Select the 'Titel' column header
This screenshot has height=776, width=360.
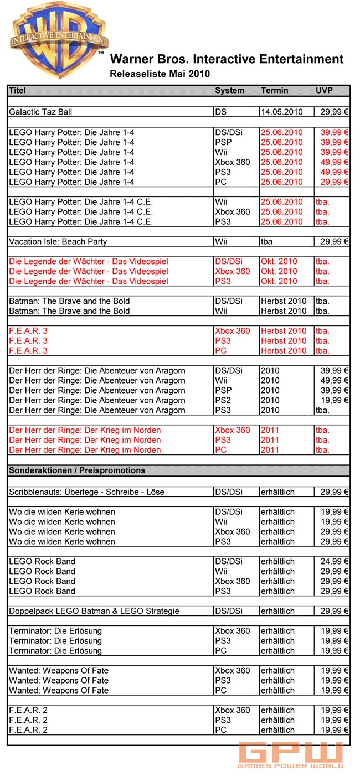[18, 90]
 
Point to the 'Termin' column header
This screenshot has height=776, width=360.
[275, 90]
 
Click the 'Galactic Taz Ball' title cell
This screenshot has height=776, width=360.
[41, 112]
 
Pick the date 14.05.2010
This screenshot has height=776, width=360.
[282, 112]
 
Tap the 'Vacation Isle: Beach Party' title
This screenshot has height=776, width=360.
[58, 241]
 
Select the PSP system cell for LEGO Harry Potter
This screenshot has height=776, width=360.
[223, 142]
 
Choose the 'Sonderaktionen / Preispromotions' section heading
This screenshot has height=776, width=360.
[77, 470]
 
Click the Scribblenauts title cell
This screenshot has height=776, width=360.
[86, 492]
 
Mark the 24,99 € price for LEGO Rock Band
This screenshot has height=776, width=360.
[335, 561]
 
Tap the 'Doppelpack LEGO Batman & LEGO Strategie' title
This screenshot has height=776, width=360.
[94, 611]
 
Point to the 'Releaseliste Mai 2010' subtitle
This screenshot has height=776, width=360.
[160, 74]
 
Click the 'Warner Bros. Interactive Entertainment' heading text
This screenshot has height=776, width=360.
[227, 59]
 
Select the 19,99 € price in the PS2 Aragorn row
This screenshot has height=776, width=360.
[335, 400]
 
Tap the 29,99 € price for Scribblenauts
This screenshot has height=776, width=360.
[335, 492]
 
